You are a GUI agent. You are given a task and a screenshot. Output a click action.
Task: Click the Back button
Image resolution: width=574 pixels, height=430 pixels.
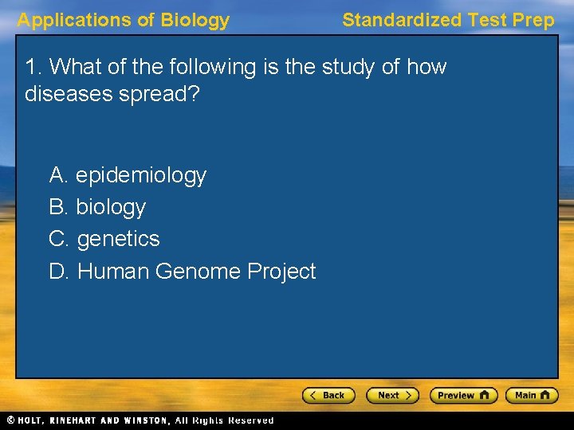point(328,395)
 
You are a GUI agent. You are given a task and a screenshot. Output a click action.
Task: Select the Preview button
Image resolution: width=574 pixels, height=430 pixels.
point(463,395)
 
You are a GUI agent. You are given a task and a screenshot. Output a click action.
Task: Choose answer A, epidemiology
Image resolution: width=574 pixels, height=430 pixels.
point(128,175)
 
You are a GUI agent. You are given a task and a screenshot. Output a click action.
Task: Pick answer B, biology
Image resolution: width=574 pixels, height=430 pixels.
point(97,207)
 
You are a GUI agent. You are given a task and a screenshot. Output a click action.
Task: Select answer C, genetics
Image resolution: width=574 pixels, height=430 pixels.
point(104,239)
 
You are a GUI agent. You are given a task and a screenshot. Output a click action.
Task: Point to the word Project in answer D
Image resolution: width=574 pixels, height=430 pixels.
point(281,272)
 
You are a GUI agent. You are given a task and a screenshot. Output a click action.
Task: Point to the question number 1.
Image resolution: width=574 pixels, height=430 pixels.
point(33,67)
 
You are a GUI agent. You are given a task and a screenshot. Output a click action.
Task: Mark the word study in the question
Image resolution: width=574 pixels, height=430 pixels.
point(349,67)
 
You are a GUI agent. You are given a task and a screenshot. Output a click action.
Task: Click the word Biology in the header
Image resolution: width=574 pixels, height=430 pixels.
point(193,21)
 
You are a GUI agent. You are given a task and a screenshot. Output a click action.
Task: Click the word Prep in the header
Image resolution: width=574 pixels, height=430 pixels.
point(534,21)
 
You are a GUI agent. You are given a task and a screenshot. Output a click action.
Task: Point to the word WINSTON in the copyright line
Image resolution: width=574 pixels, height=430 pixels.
point(146,420)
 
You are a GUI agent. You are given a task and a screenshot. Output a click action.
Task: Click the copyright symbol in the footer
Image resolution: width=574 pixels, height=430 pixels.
point(10,420)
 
